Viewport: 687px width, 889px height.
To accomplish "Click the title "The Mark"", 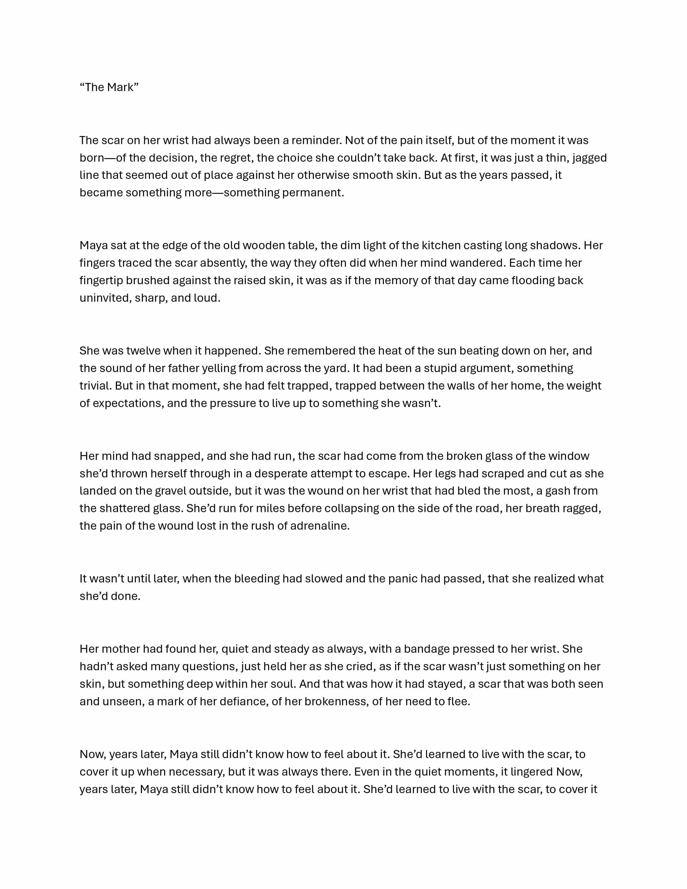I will (109, 88).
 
